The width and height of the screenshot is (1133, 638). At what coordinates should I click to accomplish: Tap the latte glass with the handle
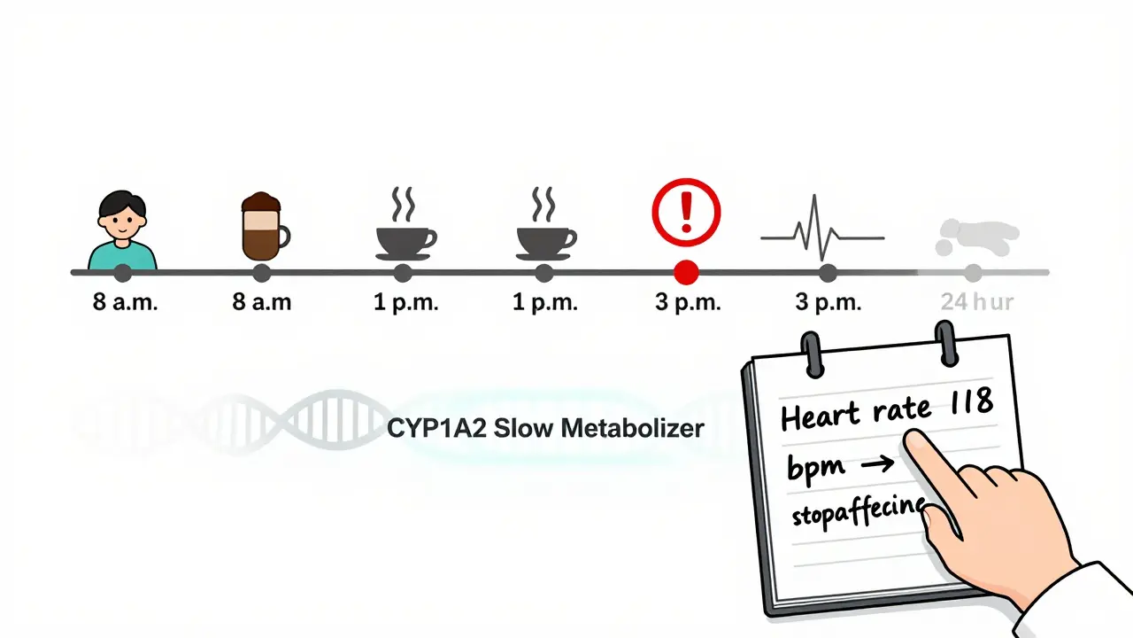[x=263, y=227]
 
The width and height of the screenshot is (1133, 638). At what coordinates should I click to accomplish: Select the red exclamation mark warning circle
[x=686, y=212]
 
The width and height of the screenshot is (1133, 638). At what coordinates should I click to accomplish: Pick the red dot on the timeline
[x=686, y=272]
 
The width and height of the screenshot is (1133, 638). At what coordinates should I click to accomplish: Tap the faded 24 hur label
[x=976, y=302]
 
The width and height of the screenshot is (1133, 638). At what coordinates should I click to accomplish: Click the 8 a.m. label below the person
[x=125, y=302]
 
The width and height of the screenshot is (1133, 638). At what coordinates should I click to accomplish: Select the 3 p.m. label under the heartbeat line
[x=828, y=302]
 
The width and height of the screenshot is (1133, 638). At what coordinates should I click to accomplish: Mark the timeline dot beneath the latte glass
[x=262, y=272]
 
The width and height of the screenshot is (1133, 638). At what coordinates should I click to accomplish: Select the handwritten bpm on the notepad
[x=815, y=466]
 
